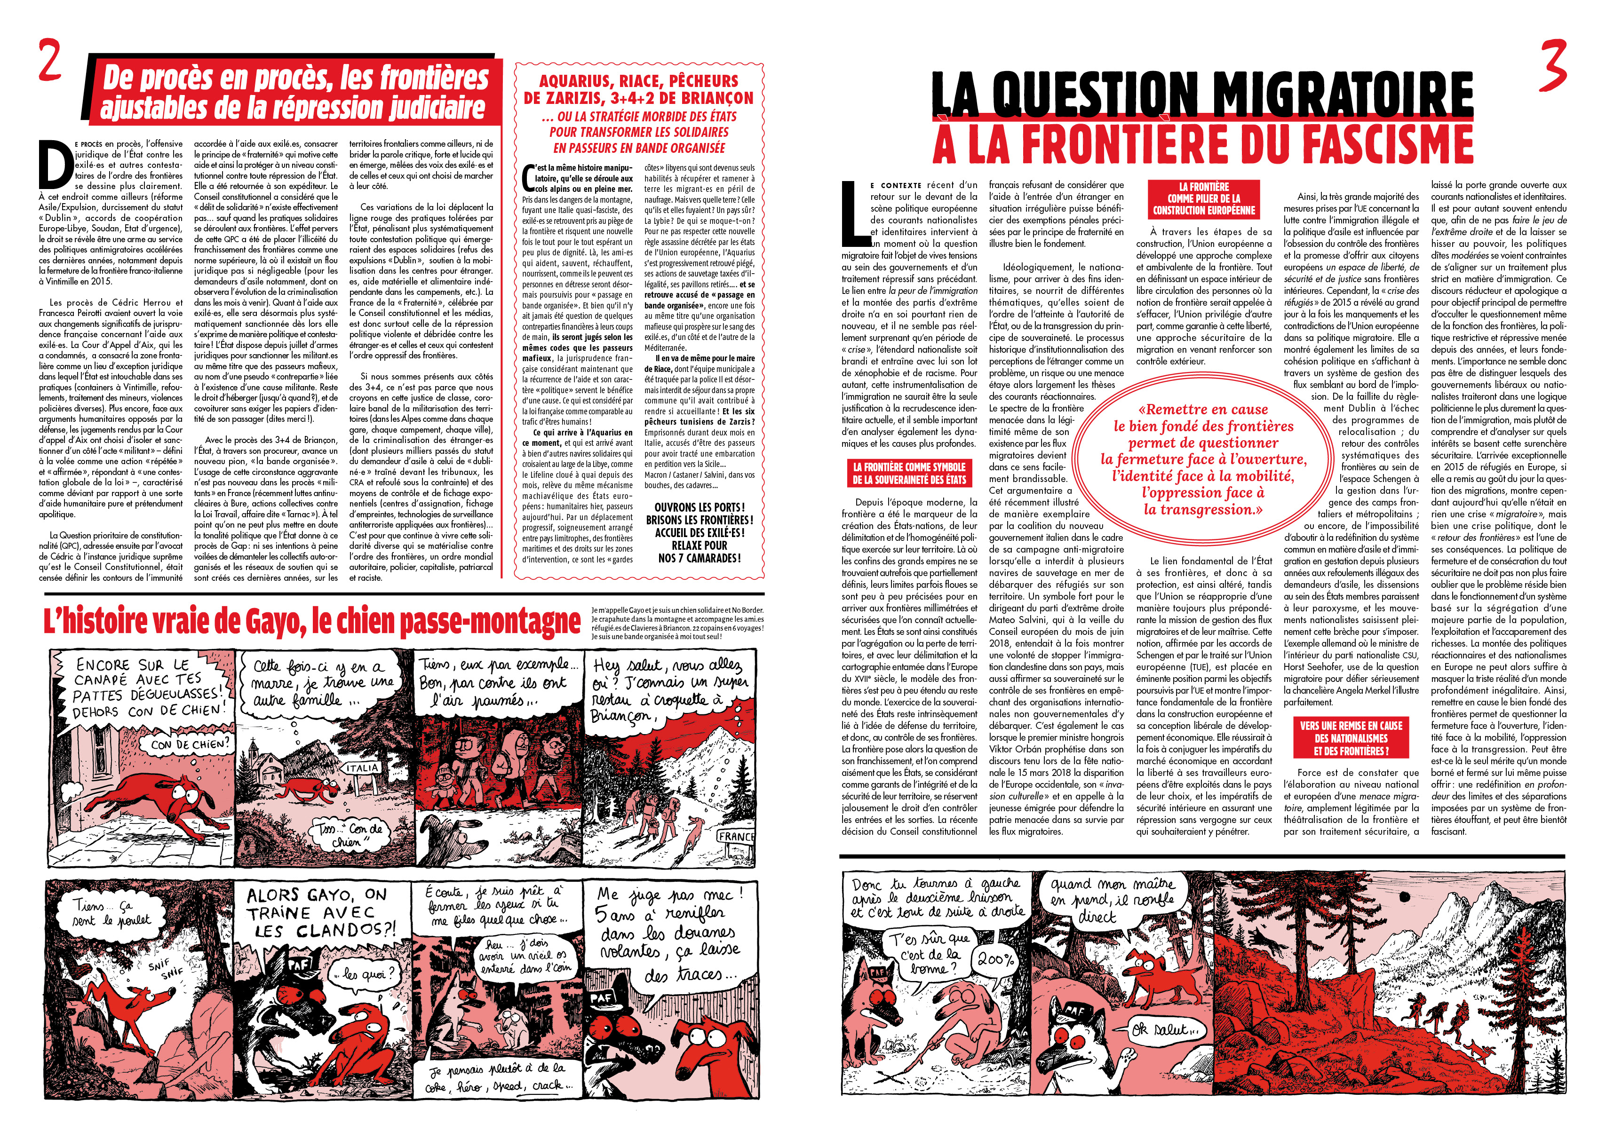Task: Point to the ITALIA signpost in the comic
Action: click(x=362, y=768)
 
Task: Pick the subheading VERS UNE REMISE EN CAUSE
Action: click(x=1351, y=726)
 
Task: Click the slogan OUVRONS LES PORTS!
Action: click(x=699, y=507)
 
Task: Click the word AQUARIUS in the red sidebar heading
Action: click(x=577, y=81)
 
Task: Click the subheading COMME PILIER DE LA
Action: click(x=1203, y=198)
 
